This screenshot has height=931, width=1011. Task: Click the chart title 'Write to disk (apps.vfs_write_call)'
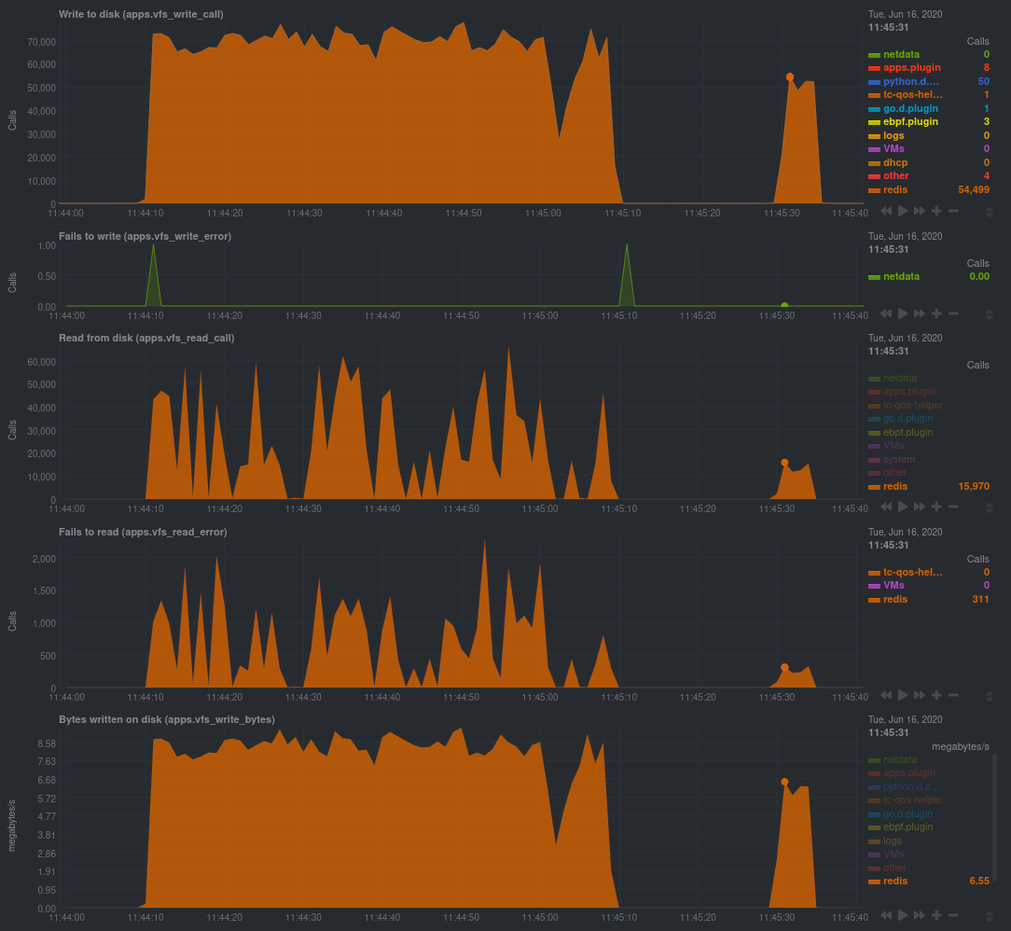141,14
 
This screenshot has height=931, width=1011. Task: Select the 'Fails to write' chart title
145,236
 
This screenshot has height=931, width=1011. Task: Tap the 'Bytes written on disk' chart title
166,719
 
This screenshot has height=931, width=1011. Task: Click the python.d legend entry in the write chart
911,81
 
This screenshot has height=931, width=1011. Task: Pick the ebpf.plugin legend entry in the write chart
910,121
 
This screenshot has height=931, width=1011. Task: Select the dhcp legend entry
895,162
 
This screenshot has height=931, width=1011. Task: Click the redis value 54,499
973,189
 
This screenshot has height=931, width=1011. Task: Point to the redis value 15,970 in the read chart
973,486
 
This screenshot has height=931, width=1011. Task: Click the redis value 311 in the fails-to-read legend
979,599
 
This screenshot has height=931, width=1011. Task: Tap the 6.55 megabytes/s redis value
978,881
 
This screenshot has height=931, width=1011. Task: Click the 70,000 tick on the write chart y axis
42,42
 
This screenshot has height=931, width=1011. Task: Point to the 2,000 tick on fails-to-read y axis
44,559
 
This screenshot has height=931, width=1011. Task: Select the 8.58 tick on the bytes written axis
46,743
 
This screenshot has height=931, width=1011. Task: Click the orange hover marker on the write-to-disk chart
790,77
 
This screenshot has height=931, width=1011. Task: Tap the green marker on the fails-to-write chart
784,305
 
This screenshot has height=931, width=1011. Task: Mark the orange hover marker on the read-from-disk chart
784,463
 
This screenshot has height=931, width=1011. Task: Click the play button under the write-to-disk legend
903,212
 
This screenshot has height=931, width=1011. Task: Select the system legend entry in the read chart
899,459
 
